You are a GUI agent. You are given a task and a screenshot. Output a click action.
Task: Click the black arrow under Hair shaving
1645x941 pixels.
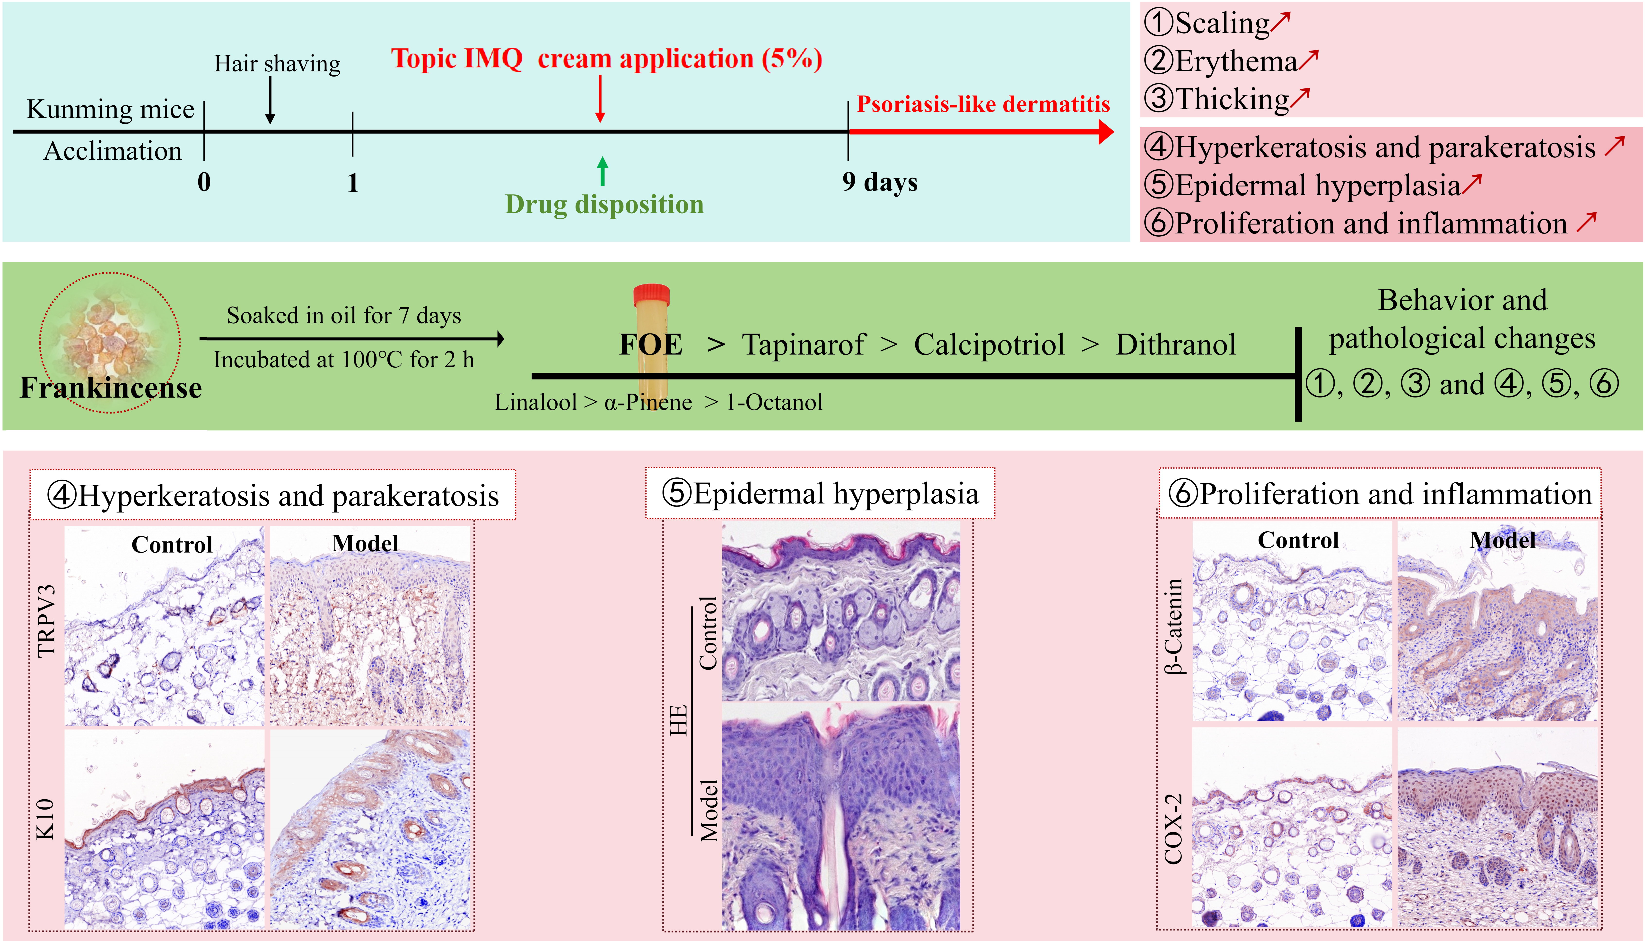pos(270,100)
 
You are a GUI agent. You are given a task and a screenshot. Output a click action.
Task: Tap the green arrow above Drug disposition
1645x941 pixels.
pos(602,171)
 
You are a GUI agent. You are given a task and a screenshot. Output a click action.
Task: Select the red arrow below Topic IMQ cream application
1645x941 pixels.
pos(600,98)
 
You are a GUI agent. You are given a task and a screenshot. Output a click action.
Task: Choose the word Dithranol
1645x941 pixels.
pos(1175,345)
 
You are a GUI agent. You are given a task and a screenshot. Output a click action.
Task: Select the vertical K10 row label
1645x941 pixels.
pos(45,820)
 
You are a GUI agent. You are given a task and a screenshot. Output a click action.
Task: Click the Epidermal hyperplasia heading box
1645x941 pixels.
pos(820,494)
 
